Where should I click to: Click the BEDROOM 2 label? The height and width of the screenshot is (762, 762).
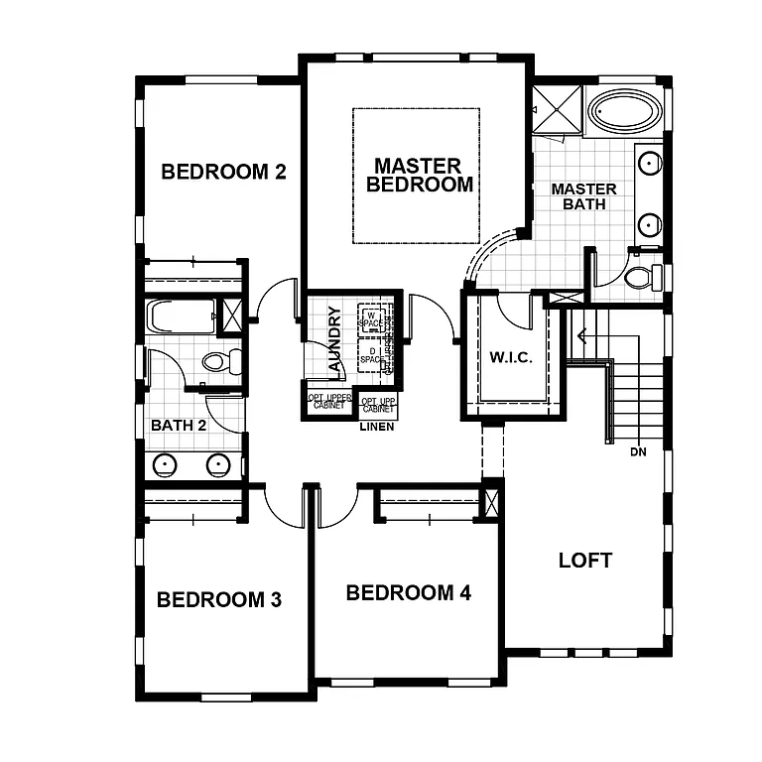pyautogui.click(x=223, y=172)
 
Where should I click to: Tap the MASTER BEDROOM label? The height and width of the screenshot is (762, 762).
pyautogui.click(x=419, y=175)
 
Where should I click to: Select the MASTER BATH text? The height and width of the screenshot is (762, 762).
pyautogui.click(x=583, y=196)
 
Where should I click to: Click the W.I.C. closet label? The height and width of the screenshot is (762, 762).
pyautogui.click(x=511, y=357)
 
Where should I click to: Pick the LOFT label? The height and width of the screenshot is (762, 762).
pyautogui.click(x=584, y=560)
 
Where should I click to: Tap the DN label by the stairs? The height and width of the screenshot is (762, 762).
pyautogui.click(x=639, y=452)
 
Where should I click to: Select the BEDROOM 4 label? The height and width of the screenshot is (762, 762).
pyautogui.click(x=408, y=593)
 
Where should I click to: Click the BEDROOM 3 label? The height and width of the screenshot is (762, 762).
pyautogui.click(x=219, y=599)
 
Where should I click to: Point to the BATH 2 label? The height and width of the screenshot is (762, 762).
pyautogui.click(x=179, y=426)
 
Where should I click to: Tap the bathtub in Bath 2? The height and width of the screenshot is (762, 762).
pyautogui.click(x=179, y=318)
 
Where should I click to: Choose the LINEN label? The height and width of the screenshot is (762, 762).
pyautogui.click(x=377, y=428)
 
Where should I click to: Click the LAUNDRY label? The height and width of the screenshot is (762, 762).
pyautogui.click(x=334, y=340)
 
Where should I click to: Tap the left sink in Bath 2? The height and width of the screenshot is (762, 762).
pyautogui.click(x=166, y=463)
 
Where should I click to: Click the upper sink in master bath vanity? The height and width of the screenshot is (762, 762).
pyautogui.click(x=648, y=163)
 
